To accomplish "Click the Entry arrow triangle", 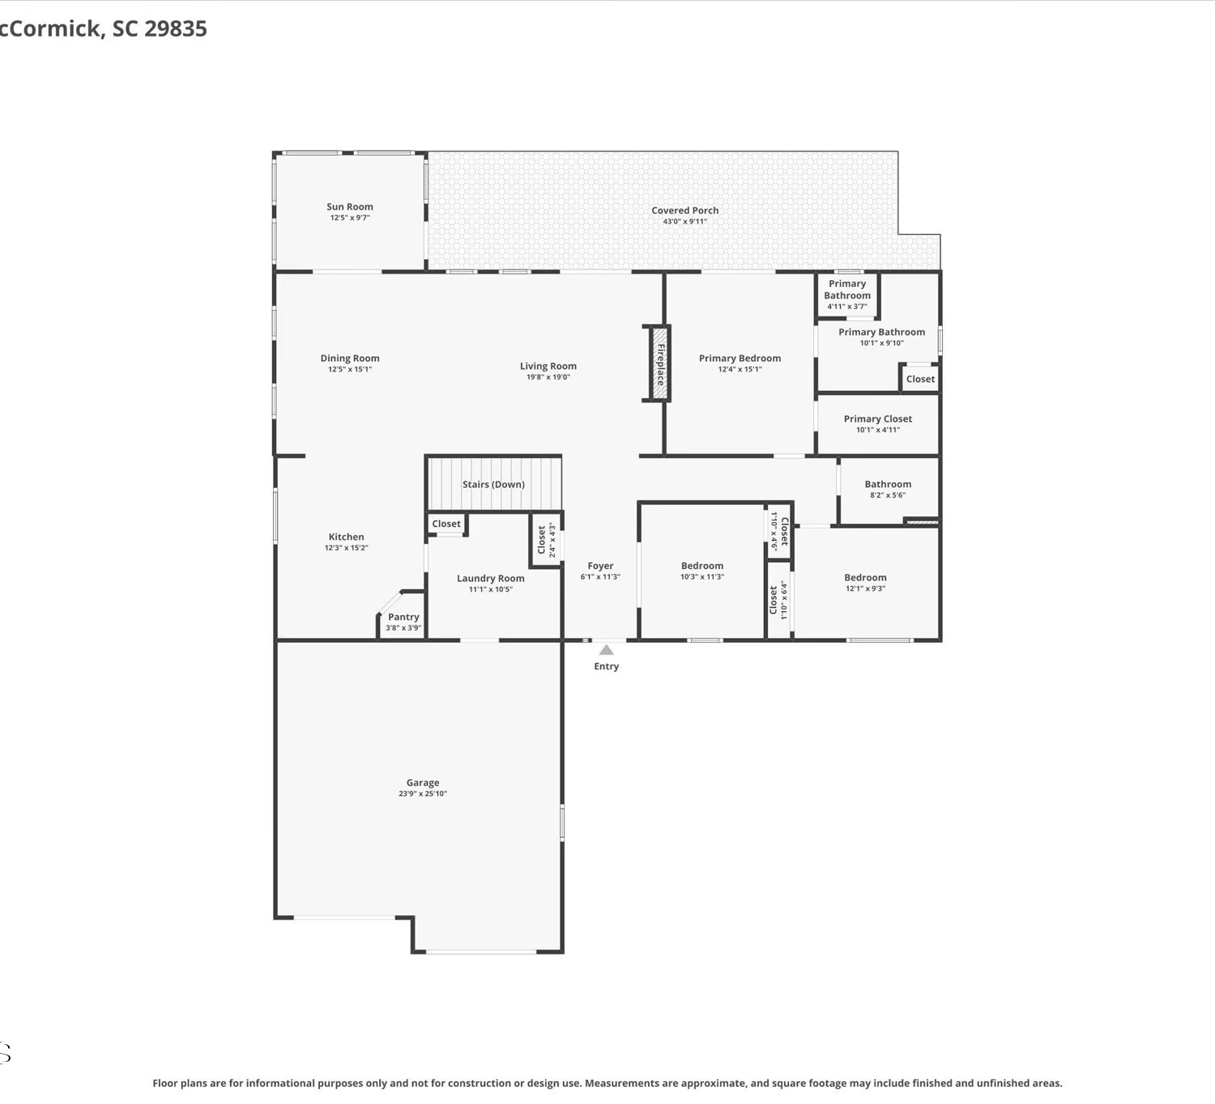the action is [607, 650].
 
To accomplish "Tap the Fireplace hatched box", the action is [660, 363].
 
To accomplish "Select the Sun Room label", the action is [349, 207].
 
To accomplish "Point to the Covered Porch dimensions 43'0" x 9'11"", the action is [685, 222].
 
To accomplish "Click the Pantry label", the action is [403, 617].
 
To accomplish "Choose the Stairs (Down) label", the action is [493, 484].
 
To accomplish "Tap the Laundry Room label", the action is [491, 578].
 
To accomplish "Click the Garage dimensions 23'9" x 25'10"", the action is [423, 793].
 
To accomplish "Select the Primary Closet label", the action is [877, 418].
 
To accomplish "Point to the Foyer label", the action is [600, 566].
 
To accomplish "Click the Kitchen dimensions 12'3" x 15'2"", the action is [347, 548].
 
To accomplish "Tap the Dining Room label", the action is [350, 359].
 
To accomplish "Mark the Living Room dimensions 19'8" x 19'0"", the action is [548, 377].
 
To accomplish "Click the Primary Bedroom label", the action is [740, 359].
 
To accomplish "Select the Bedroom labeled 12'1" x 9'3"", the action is [865, 577].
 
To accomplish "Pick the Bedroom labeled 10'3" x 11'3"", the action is [702, 566].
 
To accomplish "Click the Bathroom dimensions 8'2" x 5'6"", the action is [888, 495].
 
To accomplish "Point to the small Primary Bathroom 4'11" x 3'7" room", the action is [847, 295].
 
